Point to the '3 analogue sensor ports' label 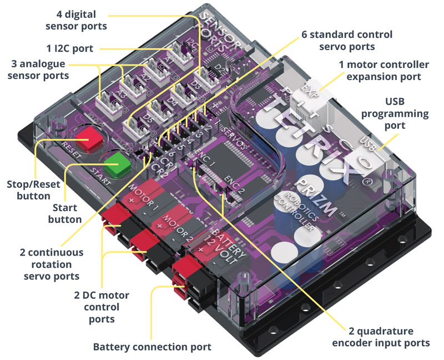(x=42, y=69)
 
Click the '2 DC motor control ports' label (x=100, y=306)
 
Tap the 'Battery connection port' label (x=152, y=347)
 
